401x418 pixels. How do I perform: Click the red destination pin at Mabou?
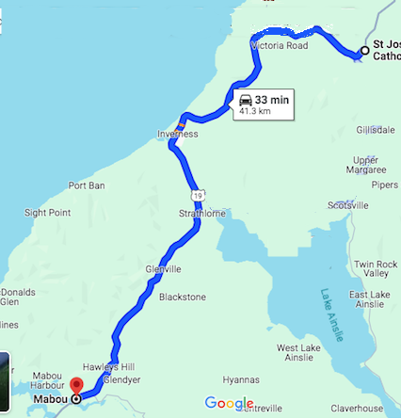tap(76, 385)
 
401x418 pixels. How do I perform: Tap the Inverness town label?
tap(177, 135)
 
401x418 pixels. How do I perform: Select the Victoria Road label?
tap(279, 44)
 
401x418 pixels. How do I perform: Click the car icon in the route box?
tap(246, 99)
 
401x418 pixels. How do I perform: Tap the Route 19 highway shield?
tap(197, 194)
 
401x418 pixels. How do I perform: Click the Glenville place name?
tap(163, 268)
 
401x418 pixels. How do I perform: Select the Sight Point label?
tap(47, 213)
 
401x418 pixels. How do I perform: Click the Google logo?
tap(230, 404)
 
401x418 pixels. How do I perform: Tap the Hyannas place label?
tap(240, 379)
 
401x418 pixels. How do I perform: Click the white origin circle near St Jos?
tap(364, 51)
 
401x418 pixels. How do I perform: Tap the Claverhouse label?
tap(358, 408)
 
